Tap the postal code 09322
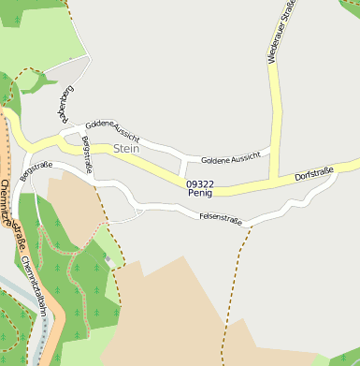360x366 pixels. [200, 184]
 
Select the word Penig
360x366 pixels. [200, 194]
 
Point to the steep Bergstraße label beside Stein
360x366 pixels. [88, 154]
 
